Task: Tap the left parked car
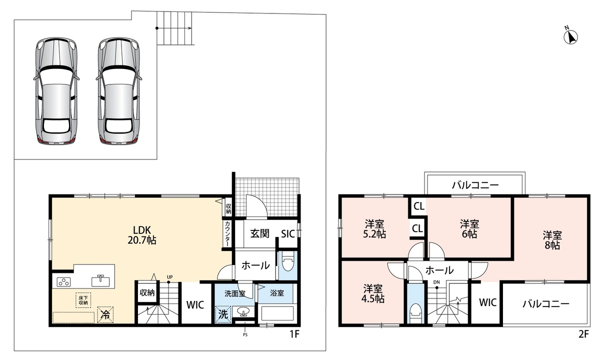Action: (56, 91)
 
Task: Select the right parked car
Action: (118, 91)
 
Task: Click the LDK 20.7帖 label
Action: (142, 235)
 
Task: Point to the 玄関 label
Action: (259, 233)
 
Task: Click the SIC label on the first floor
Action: (288, 234)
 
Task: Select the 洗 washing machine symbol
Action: (223, 314)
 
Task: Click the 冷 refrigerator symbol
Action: (105, 314)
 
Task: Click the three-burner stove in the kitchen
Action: (64, 282)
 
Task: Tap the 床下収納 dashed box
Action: (83, 300)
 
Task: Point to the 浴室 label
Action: (276, 293)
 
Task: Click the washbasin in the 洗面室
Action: (243, 312)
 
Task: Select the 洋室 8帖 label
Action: (552, 240)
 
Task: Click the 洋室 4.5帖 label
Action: (373, 293)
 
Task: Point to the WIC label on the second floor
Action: (488, 302)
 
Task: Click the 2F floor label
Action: (583, 334)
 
